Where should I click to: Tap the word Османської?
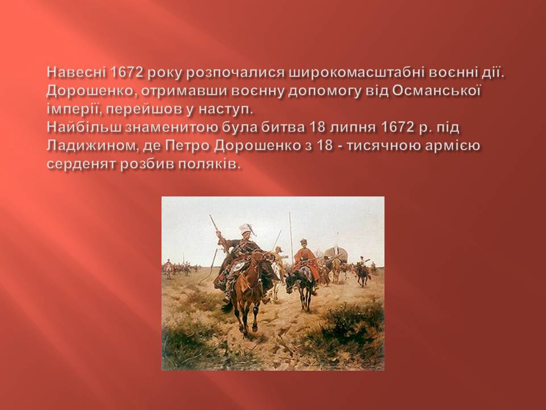[x=437, y=91]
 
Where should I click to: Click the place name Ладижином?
[x=89, y=146]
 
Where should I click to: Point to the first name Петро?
[x=187, y=146]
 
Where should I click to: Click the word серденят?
[x=81, y=164]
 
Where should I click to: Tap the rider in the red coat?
[x=305, y=259]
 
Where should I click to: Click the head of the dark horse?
[x=291, y=282]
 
